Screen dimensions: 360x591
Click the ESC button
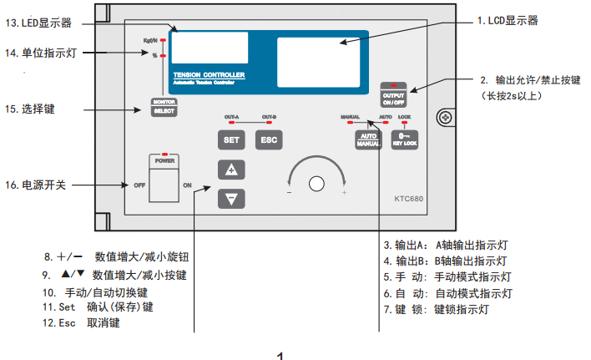click(268, 139)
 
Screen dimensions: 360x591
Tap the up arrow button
click(231, 170)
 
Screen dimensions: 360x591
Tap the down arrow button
click(231, 198)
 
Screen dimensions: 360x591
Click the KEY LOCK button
click(404, 139)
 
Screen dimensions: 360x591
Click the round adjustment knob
click(316, 184)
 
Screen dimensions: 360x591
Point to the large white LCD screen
click(316, 58)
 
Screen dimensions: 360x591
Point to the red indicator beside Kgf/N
click(164, 39)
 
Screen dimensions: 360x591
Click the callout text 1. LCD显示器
click(507, 20)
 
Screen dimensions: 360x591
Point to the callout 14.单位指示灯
click(42, 53)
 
